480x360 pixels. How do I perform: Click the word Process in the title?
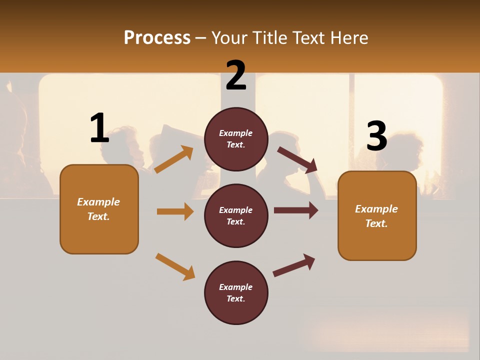click(x=157, y=38)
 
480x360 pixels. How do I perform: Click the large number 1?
click(x=99, y=128)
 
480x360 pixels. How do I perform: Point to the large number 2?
click(x=236, y=75)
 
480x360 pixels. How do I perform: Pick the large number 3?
click(x=376, y=136)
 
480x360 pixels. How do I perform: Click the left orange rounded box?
click(x=99, y=209)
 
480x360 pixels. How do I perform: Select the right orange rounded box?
click(x=377, y=216)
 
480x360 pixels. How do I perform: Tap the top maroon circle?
click(x=236, y=139)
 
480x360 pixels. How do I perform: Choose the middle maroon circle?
click(x=236, y=216)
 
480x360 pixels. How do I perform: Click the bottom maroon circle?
click(x=236, y=293)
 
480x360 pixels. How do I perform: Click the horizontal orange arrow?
click(x=175, y=211)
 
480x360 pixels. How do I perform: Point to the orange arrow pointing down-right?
click(x=175, y=266)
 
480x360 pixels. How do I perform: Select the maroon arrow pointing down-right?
click(x=297, y=160)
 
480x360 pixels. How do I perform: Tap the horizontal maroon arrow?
click(x=296, y=210)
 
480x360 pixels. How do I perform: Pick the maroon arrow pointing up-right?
click(x=294, y=265)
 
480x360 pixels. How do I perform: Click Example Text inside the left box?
click(x=98, y=209)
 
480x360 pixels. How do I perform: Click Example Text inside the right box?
click(x=376, y=216)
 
